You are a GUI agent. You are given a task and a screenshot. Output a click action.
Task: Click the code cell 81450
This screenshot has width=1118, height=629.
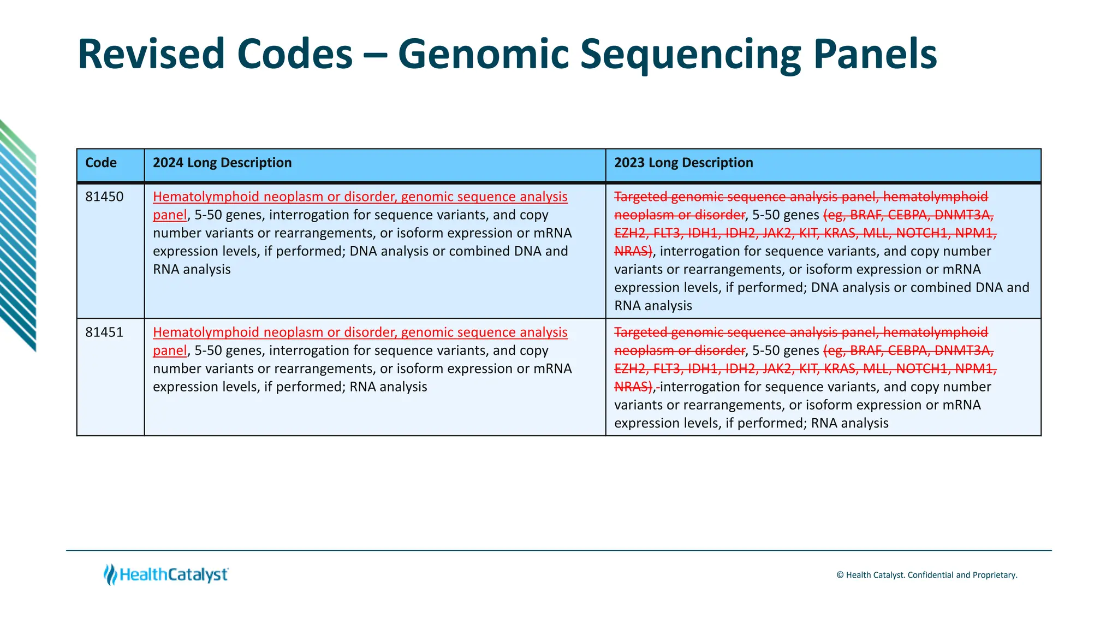point(104,197)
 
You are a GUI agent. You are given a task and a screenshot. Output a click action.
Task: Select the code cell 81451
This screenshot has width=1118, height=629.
point(104,332)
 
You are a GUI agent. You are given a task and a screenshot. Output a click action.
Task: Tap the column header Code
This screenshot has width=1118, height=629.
point(101,163)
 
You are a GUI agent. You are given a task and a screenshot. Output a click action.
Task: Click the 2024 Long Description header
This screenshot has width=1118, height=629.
point(222,163)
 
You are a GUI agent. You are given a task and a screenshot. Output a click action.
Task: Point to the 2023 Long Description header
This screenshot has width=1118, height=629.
point(683,163)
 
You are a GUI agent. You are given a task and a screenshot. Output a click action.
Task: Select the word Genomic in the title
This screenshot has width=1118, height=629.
point(483,54)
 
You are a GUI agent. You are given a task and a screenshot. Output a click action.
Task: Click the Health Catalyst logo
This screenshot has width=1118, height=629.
point(166,574)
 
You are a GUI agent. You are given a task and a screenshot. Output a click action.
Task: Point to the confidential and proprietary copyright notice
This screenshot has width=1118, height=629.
point(926,575)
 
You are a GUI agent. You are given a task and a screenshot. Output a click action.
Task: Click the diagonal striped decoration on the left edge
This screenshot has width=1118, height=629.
point(17,235)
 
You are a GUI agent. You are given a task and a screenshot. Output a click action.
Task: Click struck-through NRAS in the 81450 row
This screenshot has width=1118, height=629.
point(632,251)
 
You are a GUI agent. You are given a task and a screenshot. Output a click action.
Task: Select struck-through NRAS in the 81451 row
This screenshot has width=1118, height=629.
point(632,387)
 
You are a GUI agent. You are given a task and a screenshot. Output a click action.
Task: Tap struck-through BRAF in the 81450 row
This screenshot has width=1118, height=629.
point(865,215)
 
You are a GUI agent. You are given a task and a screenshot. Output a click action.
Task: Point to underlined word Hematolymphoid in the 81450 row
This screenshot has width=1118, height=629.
point(206,197)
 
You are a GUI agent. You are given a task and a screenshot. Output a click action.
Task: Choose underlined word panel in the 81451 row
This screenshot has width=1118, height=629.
point(170,351)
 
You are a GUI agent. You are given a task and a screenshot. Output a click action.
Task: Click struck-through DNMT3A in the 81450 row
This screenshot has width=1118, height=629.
point(964,215)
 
